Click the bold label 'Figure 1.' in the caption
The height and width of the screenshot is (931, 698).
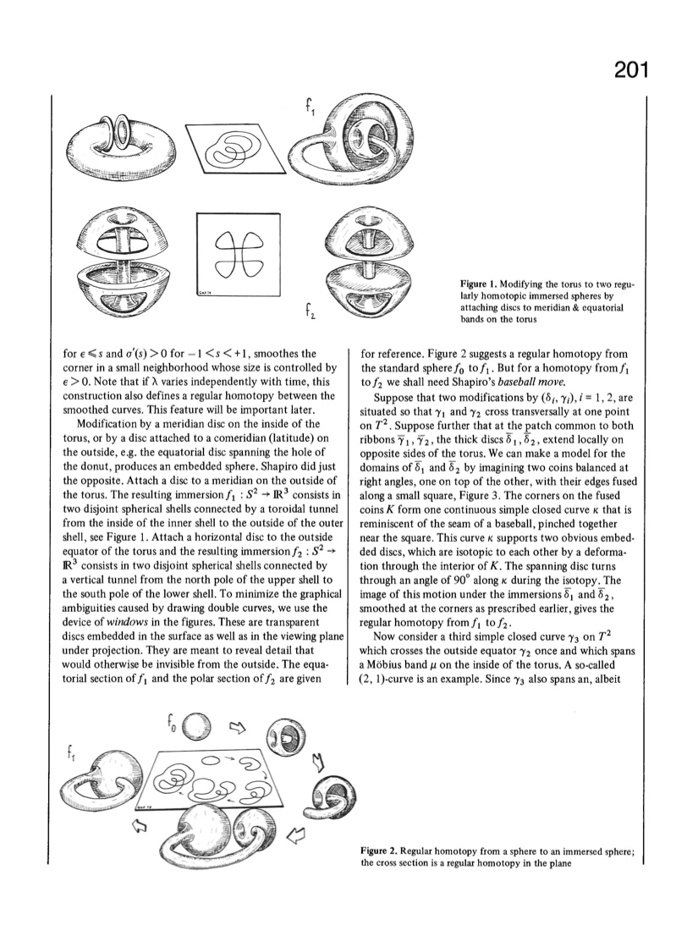click(x=480, y=284)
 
